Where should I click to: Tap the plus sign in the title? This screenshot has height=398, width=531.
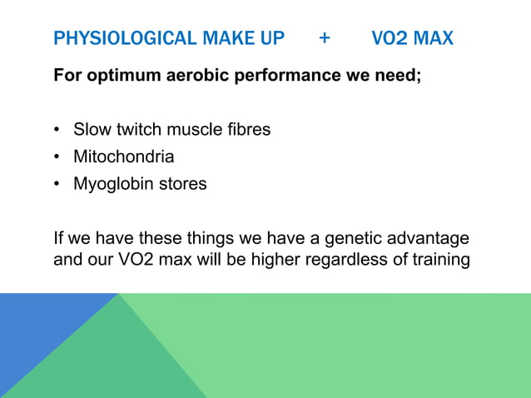point(324,38)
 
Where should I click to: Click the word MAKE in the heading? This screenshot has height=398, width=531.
point(211,38)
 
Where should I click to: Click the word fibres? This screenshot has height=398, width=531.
point(247,130)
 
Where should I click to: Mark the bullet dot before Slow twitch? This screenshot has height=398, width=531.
point(57,131)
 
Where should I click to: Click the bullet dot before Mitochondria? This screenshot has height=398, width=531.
point(57,157)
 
